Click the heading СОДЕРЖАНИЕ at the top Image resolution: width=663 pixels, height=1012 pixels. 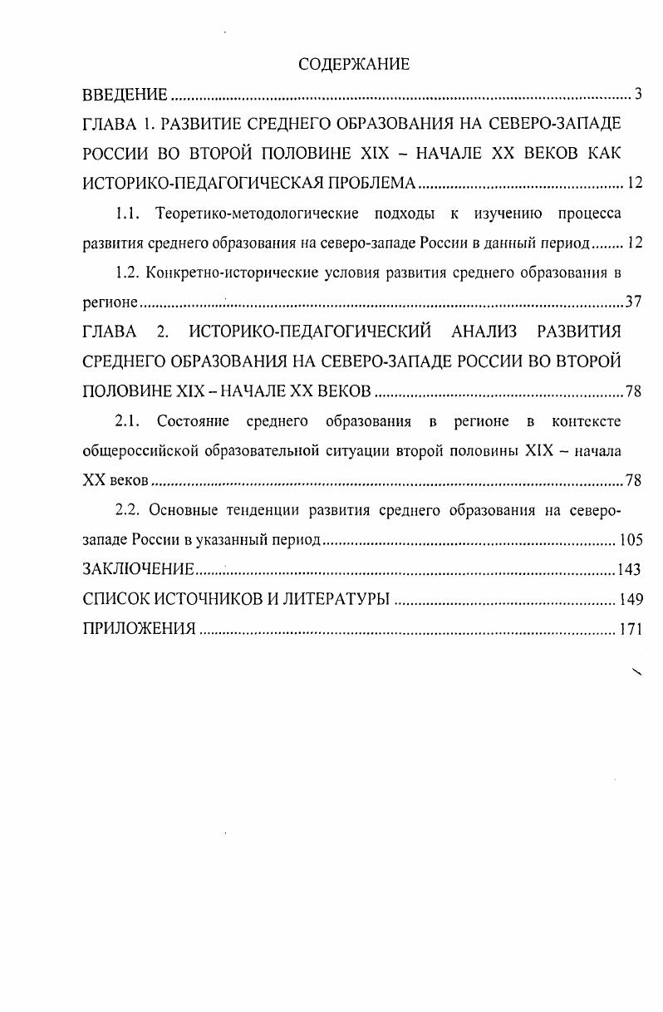tap(354, 64)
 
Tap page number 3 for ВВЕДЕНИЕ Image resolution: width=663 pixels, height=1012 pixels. tap(638, 93)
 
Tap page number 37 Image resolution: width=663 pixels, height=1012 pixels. tap(633, 302)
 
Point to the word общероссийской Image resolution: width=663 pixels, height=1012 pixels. tap(140, 451)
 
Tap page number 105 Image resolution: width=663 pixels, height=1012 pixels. tap(631, 540)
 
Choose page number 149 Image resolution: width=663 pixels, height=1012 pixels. tap(631, 599)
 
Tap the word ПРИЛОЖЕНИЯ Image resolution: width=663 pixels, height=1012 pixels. tap(140, 629)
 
